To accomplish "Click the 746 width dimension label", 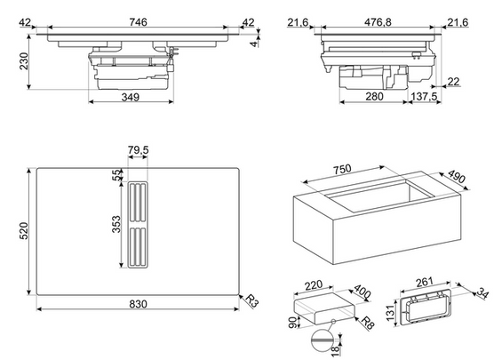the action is (x=139, y=22).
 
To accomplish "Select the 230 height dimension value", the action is (x=24, y=61).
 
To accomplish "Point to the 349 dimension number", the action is (x=131, y=97).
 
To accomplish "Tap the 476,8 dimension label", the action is (x=378, y=22).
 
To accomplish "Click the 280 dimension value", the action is (x=374, y=96).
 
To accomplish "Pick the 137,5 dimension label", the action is (x=424, y=96).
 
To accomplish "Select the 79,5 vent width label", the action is (x=139, y=150).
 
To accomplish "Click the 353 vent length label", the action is (x=116, y=224).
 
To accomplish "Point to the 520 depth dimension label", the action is (x=24, y=230).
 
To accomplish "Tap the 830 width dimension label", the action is (x=139, y=304).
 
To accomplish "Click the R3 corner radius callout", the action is (x=251, y=300).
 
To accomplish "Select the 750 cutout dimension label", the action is (x=342, y=170).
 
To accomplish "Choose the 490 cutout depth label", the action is (x=456, y=177).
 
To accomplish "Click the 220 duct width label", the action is (x=313, y=285).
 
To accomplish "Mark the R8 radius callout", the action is (x=368, y=324).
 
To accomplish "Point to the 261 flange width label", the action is (x=425, y=282).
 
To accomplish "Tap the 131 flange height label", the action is (x=390, y=313).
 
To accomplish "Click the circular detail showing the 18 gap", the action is (x=322, y=340).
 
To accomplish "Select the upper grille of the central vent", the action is (x=138, y=203).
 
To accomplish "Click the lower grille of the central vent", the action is (x=138, y=246).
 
